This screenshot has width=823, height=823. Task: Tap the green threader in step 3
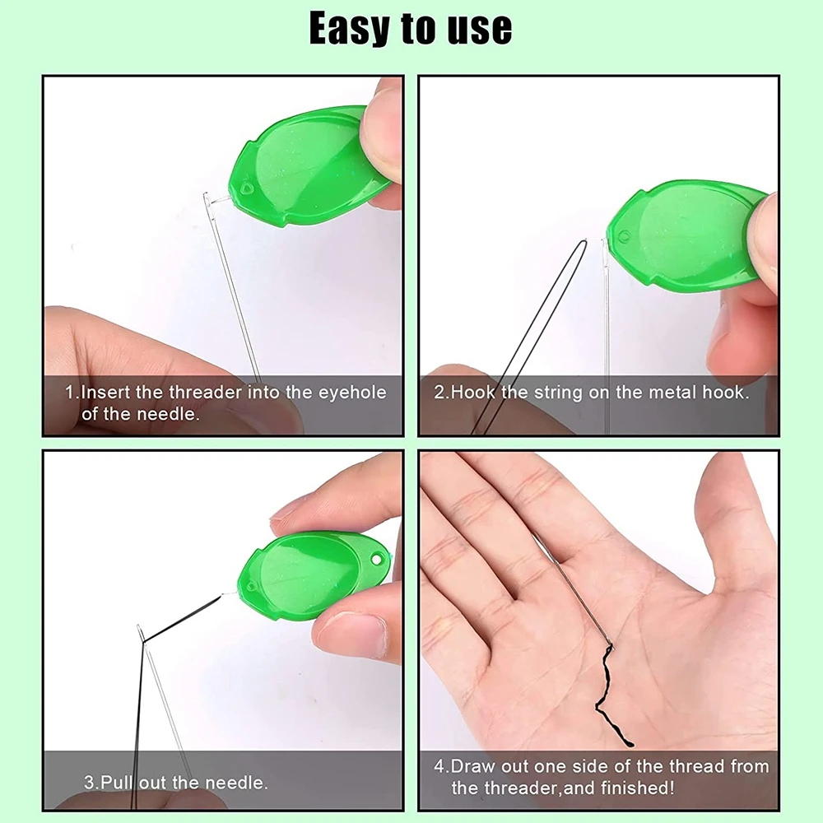(x=309, y=577)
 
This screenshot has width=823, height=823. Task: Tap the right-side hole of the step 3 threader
(x=377, y=559)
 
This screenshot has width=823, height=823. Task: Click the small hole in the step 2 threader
(x=624, y=237)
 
